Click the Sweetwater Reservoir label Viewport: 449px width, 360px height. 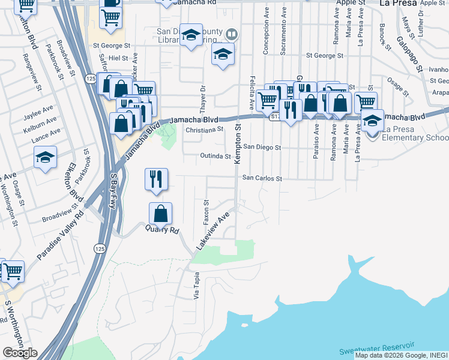376,349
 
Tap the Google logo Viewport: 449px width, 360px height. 20,353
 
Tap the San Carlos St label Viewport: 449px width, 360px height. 262,178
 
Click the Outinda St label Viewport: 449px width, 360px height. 215,157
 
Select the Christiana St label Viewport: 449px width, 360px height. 204,128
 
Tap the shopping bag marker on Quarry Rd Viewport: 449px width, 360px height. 161,214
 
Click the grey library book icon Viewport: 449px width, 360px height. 232,35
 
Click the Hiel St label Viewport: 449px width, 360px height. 118,58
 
